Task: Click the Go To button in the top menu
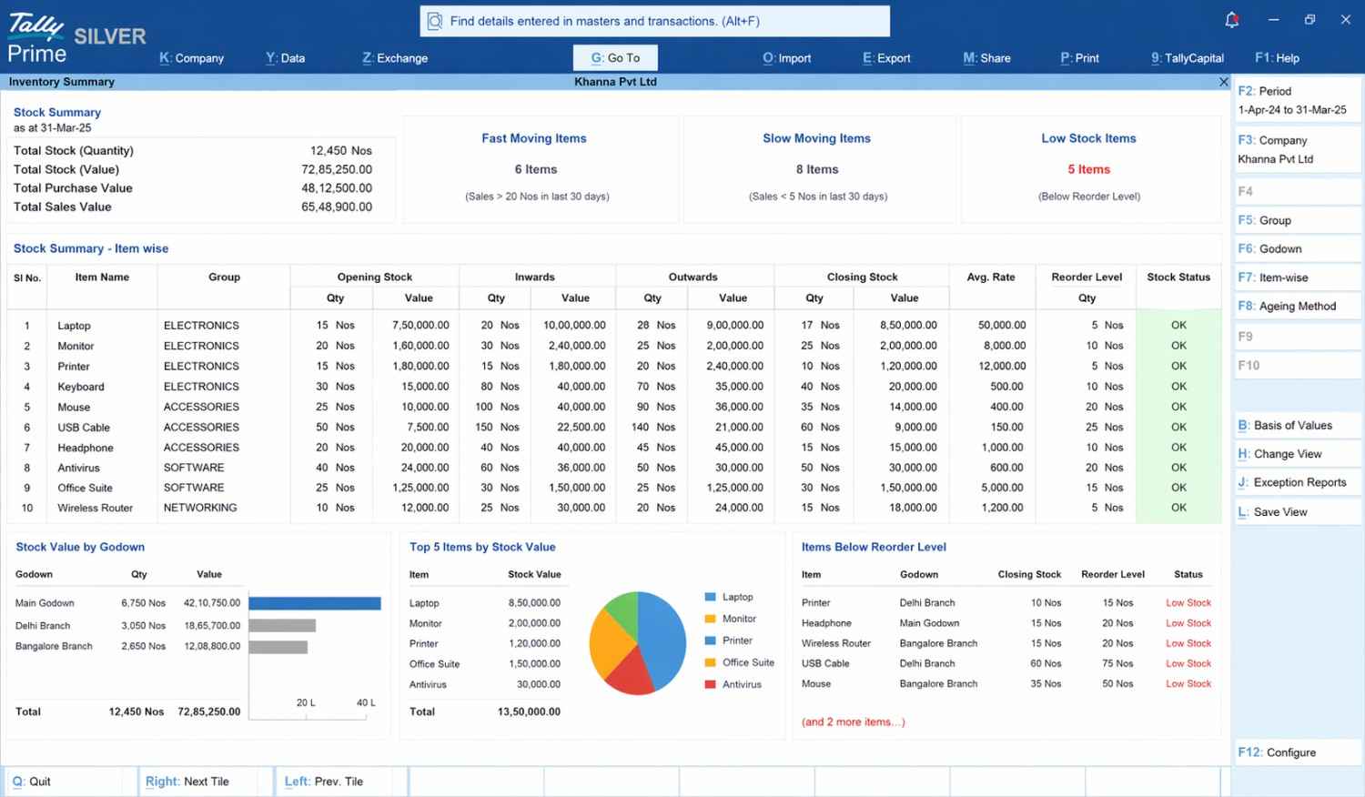[615, 58]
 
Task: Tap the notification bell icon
[1231, 20]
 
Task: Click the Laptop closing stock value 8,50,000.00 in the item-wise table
[908, 326]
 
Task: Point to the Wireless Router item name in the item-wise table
[95, 509]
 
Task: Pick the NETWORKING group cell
[200, 509]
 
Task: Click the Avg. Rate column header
[991, 277]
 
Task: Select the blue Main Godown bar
[315, 603]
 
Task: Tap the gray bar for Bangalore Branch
[278, 647]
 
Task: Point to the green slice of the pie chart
[624, 611]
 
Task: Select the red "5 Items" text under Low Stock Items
[1089, 169]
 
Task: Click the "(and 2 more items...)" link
[854, 722]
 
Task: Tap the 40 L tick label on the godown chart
[366, 702]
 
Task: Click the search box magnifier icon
[434, 21]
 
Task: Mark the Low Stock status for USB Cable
[1188, 663]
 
